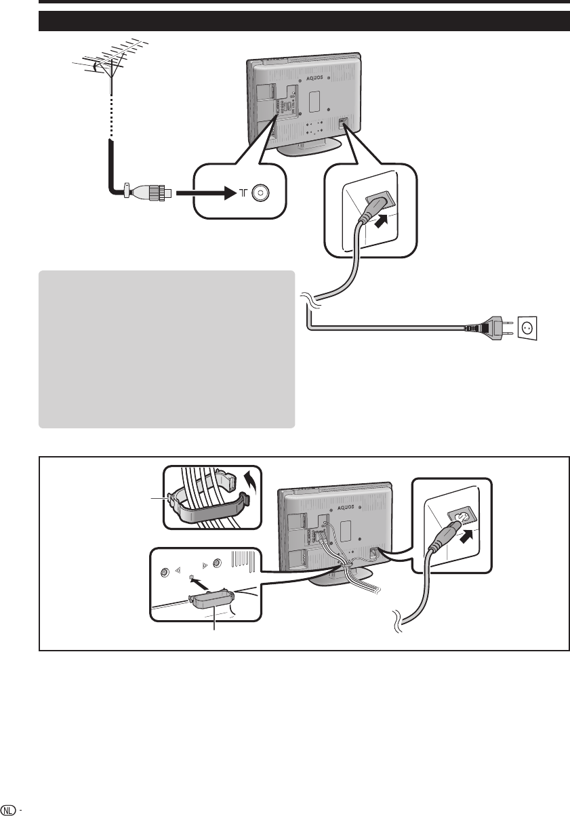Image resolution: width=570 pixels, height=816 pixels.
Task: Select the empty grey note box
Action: click(x=167, y=349)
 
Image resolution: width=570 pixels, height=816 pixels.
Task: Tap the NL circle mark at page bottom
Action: click(x=9, y=809)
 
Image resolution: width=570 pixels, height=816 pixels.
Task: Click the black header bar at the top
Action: click(x=304, y=21)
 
